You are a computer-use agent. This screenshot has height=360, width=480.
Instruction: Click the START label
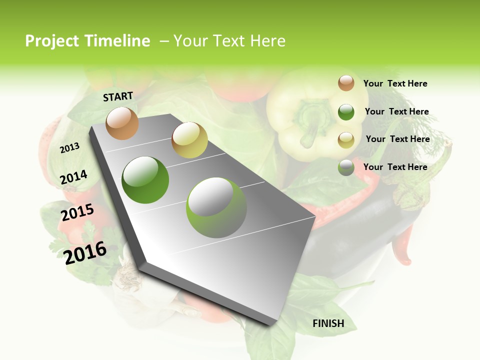point(118,96)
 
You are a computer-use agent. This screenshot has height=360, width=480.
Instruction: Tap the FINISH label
point(328,323)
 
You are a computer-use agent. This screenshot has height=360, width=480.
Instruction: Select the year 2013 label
point(69,147)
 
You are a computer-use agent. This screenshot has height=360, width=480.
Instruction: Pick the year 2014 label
point(73,177)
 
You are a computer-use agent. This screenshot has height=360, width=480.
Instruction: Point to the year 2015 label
point(77,213)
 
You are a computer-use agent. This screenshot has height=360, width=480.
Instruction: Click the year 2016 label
point(85,252)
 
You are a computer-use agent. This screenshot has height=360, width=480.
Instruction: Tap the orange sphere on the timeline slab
point(122,123)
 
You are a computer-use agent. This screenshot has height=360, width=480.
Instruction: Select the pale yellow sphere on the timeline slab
point(189,140)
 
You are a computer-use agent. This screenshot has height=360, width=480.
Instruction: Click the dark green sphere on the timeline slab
point(145,180)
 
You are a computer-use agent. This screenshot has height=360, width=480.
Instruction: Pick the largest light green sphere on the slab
point(216,207)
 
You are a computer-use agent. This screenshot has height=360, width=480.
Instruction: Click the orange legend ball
point(346,83)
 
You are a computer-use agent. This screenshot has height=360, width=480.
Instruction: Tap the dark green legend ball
point(346,112)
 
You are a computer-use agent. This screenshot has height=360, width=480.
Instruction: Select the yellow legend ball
point(346,140)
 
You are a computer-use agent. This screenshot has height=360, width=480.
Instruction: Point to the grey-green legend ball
point(346,167)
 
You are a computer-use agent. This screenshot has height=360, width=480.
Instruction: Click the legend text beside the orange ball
point(395,83)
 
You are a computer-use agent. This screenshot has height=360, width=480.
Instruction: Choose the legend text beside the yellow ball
point(397,139)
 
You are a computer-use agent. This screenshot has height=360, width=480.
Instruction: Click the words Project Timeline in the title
point(87,41)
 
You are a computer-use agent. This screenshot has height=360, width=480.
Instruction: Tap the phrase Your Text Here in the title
point(229,41)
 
